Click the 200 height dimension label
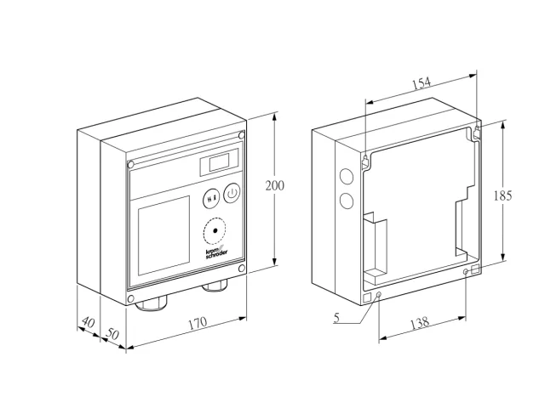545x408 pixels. pos(274,185)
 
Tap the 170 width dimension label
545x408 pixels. pos(198,323)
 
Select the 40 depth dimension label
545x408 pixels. pos(88,322)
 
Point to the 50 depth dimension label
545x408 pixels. pos(112,334)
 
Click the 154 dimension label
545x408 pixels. pos(422,83)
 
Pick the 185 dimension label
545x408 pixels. pos(502,196)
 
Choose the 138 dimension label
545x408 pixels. pos(420,323)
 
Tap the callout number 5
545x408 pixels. pos(336,317)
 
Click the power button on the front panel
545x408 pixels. pos(232,193)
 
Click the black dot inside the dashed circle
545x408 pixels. pos(215,230)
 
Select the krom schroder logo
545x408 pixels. pos(216,253)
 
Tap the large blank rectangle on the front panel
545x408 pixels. pos(163,236)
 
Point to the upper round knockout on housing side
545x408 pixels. pos(346,176)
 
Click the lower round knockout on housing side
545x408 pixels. pos(347,201)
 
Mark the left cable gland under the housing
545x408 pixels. pos(152,303)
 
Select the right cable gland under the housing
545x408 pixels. pos(215,286)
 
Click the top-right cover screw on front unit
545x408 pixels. pos(242,135)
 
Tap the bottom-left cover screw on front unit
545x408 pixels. pos(130,299)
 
